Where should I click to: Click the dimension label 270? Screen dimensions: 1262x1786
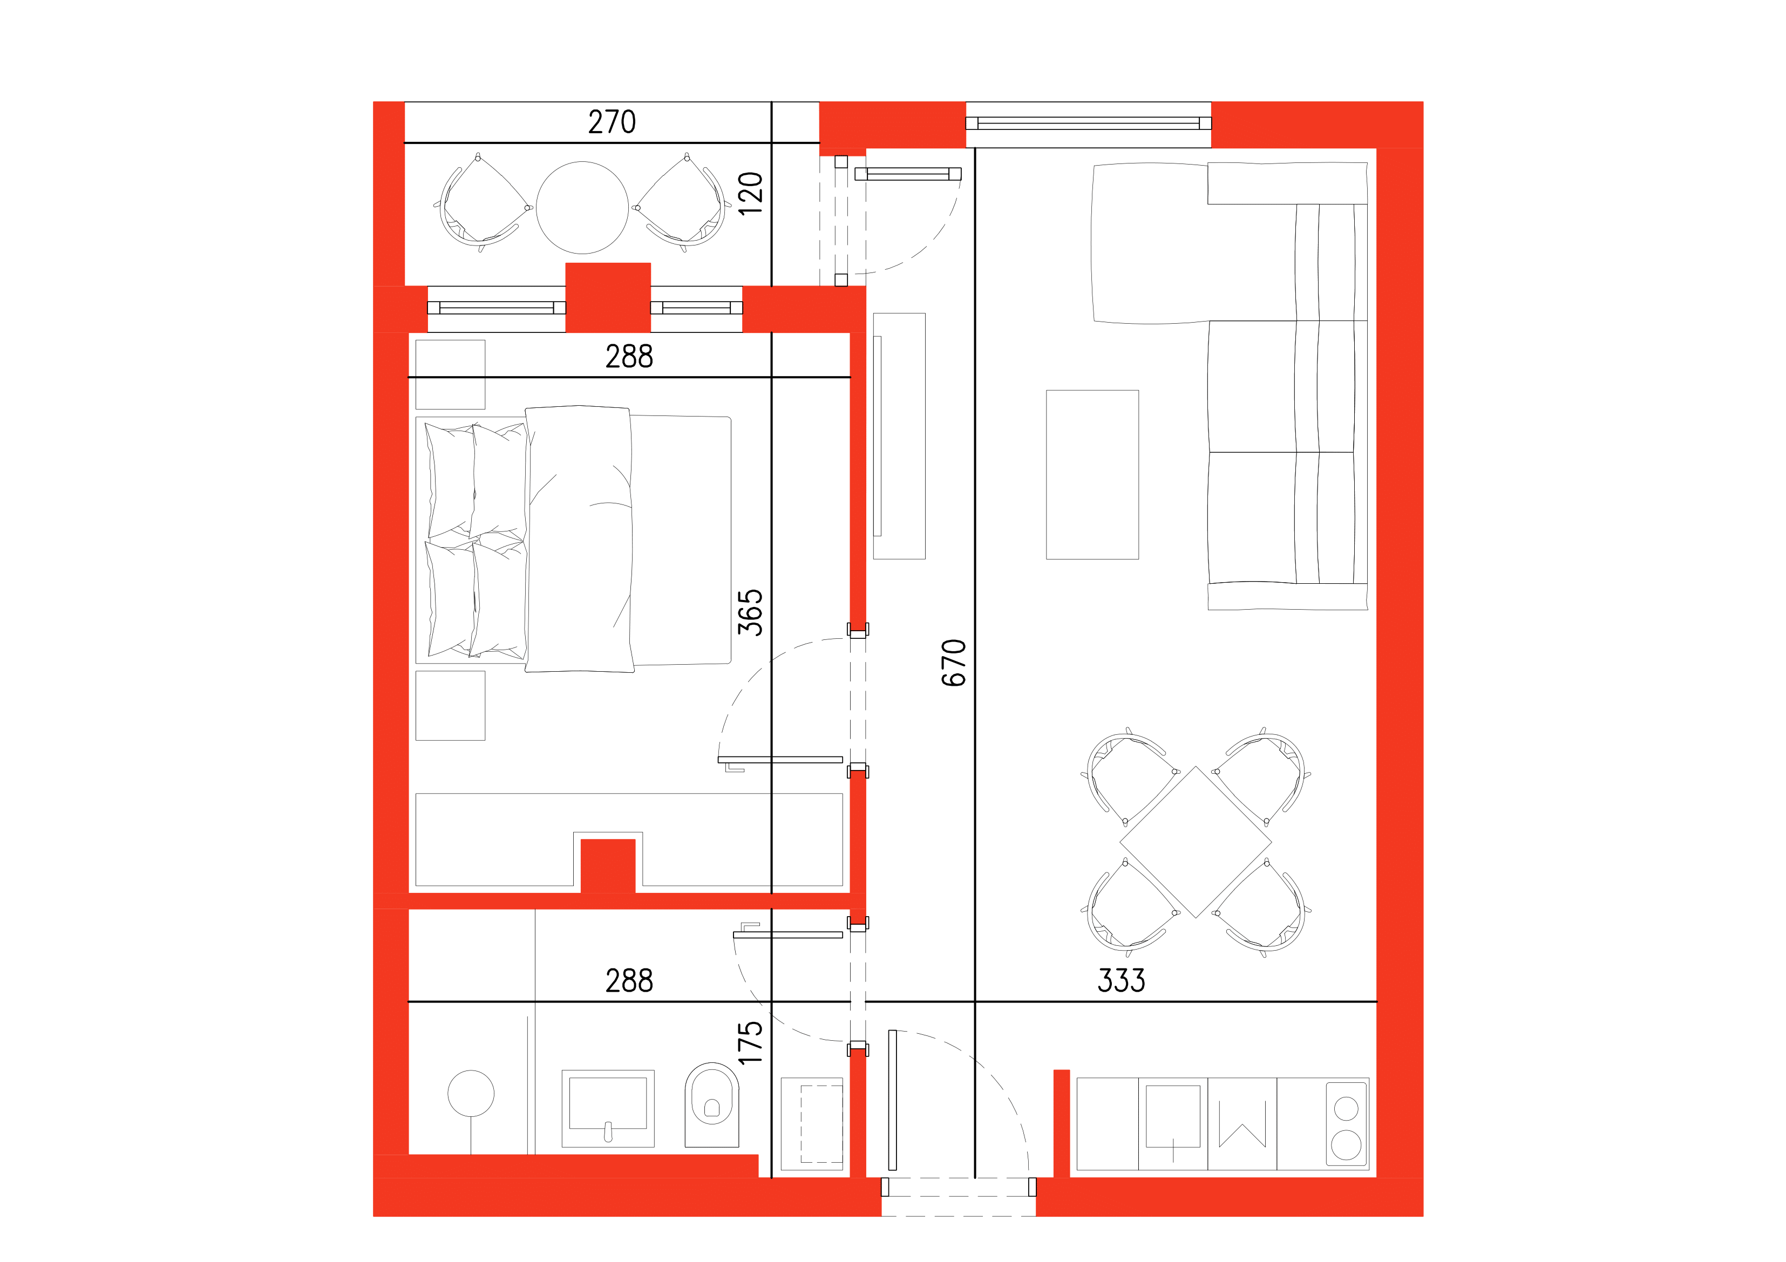[x=612, y=122]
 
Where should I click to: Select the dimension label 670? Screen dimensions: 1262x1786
[x=954, y=663]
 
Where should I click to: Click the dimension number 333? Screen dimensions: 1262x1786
[x=1121, y=980]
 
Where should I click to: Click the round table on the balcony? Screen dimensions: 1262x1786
[x=582, y=208]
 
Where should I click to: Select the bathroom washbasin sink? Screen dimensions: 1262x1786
[x=608, y=1107]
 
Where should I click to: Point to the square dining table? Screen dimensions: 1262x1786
[x=1196, y=842]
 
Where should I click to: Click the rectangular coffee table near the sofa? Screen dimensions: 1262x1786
[x=1092, y=474]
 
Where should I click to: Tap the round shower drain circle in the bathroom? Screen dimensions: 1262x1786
[x=471, y=1093]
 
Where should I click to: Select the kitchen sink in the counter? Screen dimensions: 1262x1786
[x=1172, y=1117]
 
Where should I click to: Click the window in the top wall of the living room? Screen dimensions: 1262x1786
[x=1088, y=123]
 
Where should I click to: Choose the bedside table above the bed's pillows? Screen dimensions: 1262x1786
[x=450, y=374]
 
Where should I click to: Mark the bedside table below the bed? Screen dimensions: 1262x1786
[x=450, y=705]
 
